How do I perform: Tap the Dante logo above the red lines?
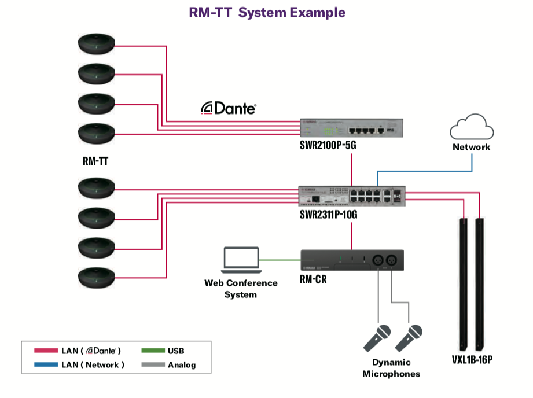228,108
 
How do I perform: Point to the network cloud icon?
472,127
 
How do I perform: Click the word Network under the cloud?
472,147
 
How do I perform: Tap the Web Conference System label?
241,289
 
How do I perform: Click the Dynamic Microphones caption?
391,368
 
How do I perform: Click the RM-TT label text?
95,162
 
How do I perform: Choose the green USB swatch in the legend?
152,351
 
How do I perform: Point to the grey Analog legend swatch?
152,364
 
